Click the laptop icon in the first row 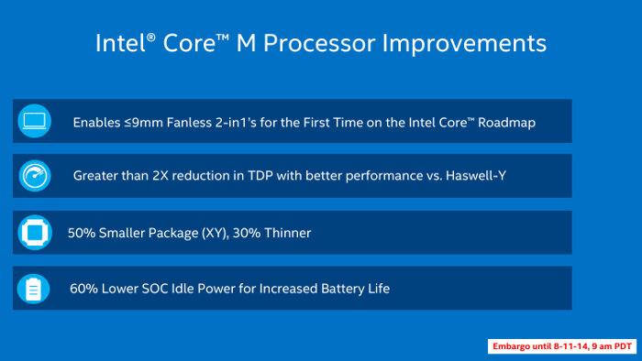coord(34,120)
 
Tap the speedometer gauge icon coord(34,176)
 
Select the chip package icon coord(34,233)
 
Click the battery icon coord(34,289)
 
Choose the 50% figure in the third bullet coord(83,233)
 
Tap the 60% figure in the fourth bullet coord(84,289)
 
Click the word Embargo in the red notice coord(513,346)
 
